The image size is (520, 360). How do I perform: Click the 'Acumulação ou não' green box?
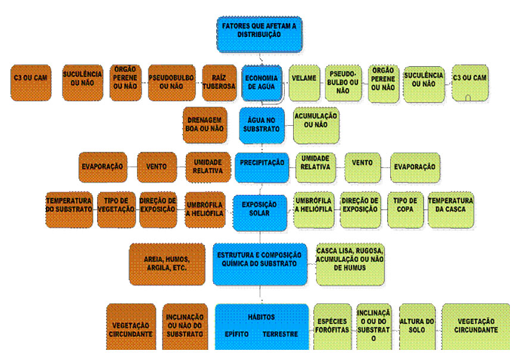(316, 122)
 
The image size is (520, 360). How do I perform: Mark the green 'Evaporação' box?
(415, 167)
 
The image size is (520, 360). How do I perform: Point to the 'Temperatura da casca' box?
(451, 208)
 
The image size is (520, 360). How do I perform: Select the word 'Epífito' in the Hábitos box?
(236, 334)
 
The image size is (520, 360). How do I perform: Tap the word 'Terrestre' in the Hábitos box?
(280, 334)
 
